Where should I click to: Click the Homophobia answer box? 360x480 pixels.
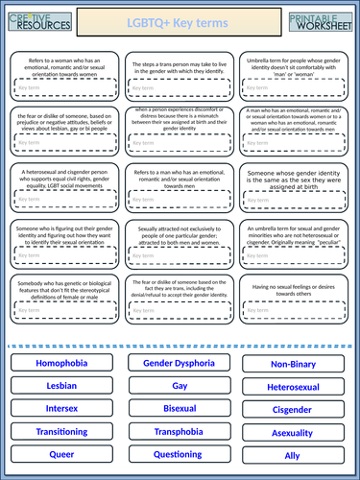60,364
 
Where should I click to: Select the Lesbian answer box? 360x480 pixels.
60,385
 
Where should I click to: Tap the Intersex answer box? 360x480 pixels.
60,407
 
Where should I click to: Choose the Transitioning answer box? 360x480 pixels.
60,431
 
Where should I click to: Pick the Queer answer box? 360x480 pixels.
60,453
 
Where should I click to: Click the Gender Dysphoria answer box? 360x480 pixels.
179,364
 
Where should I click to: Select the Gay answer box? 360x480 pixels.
179,385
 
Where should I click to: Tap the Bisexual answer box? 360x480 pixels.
179,407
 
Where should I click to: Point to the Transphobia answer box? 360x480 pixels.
179,431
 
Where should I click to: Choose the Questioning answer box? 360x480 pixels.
179,453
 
